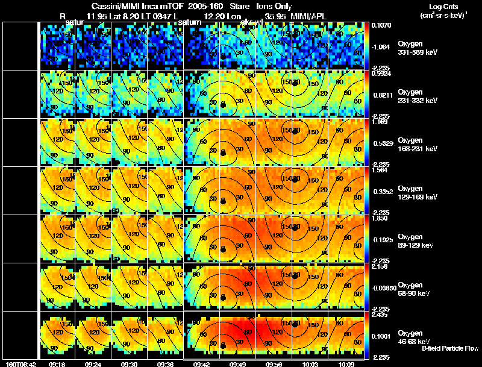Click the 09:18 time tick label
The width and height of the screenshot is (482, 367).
coord(57,364)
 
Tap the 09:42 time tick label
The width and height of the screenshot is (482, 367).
coord(201,364)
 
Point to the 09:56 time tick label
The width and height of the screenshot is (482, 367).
coord(274,364)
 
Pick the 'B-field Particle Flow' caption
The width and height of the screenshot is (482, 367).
coord(449,348)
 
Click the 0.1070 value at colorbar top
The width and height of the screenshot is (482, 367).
coord(381,26)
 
